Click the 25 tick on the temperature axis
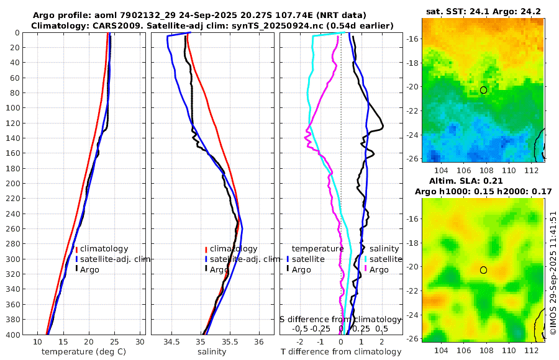pos(114,342)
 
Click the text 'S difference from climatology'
pos(340,319)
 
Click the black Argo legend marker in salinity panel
pos(206,269)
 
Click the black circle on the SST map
pos(483,90)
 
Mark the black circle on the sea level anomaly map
pos(483,270)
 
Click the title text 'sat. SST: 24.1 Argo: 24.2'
pos(483,11)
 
